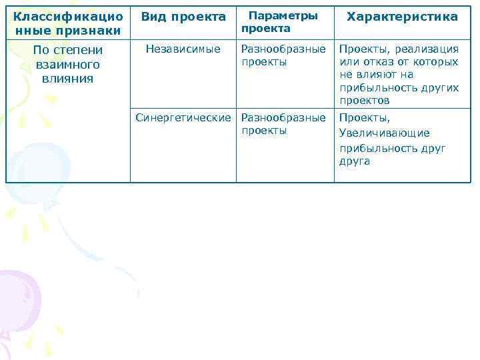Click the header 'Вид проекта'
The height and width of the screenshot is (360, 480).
click(183, 17)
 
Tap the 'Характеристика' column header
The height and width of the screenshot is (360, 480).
click(402, 17)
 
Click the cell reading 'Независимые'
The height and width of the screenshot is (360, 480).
click(183, 49)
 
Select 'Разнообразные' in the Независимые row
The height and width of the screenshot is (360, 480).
click(283, 49)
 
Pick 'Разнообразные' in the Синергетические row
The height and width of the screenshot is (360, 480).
click(283, 118)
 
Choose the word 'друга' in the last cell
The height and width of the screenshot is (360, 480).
click(355, 161)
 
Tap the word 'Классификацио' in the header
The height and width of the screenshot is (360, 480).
click(68, 15)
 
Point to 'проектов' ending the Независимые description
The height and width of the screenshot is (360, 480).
click(365, 101)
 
